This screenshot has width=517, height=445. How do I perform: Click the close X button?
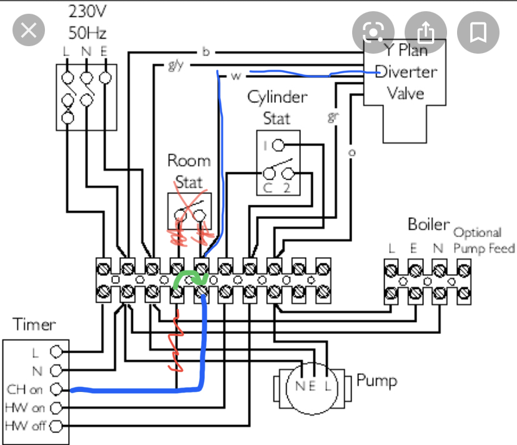[x=28, y=31]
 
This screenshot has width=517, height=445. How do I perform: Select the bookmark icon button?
[x=479, y=31]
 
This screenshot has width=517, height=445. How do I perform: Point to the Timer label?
[x=34, y=325]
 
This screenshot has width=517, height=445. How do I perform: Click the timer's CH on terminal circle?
[x=57, y=389]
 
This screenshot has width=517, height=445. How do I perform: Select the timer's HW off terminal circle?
[x=57, y=427]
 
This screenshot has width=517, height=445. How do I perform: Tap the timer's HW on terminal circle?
[x=57, y=408]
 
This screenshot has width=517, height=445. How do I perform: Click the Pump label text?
[x=377, y=380]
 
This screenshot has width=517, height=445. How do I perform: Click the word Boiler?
[x=428, y=225]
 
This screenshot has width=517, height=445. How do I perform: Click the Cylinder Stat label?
[x=277, y=107]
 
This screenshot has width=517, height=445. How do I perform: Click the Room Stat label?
[x=189, y=171]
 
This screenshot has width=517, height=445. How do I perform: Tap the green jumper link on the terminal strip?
[x=189, y=277]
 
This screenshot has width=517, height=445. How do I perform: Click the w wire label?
[x=236, y=76]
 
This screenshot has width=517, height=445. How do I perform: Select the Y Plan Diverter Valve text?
[x=406, y=72]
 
